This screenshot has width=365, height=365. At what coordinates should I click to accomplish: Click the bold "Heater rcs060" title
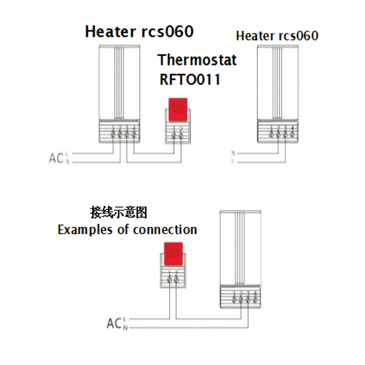[x=139, y=32]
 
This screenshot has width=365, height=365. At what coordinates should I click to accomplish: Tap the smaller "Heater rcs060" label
[x=277, y=36]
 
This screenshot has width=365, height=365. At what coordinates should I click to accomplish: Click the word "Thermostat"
[x=197, y=60]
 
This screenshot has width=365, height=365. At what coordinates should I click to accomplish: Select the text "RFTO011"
[x=190, y=79]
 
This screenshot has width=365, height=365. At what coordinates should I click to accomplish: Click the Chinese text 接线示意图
[x=120, y=213]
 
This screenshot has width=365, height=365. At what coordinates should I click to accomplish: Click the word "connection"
[x=165, y=229]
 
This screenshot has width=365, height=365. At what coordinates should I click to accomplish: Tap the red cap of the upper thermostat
[x=177, y=109]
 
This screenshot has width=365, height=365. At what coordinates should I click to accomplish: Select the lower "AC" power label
[x=114, y=323]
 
